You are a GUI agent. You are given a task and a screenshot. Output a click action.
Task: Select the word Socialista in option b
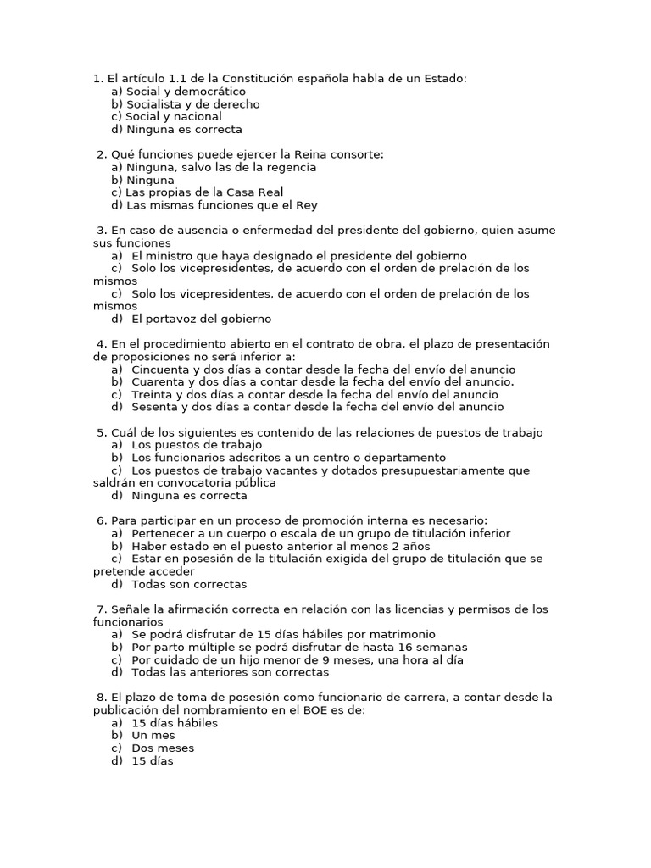coord(155,104)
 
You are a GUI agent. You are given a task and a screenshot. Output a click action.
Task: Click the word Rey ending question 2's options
coord(306,205)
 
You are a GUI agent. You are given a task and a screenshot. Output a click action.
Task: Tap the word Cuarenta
coord(160,381)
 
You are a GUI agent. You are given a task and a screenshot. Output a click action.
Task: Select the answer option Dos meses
coord(163,748)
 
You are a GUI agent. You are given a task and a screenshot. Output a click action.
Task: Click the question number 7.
coord(101,609)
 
